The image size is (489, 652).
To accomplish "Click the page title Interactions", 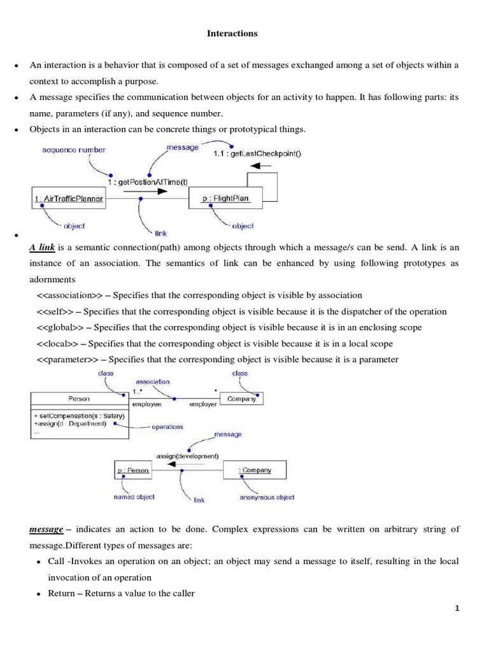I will tap(232, 34).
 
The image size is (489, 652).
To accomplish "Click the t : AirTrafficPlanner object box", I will tap(67, 199).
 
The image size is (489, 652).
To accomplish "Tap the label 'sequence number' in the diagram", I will tap(74, 150).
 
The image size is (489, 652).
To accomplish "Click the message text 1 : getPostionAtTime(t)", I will tap(148, 181).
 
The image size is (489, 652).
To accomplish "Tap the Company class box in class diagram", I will tap(241, 399).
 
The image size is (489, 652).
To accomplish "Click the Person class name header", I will tap(79, 399).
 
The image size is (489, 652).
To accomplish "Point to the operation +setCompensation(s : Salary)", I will tap(78, 415).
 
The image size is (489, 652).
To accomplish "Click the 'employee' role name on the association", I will tap(146, 404).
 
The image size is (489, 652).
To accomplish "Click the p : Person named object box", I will tap(133, 471).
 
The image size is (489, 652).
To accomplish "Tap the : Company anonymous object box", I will tap(254, 471).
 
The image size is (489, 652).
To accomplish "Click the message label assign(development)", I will tap(187, 455).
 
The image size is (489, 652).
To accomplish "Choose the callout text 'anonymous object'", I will tap(267, 497).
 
